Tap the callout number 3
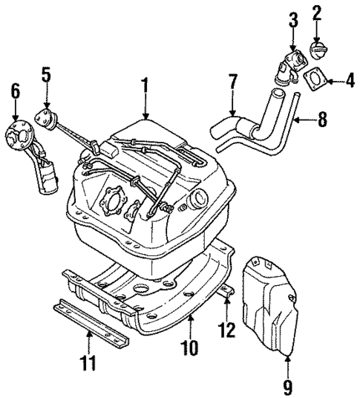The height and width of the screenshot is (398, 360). click(x=294, y=19)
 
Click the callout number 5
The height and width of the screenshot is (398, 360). click(x=46, y=75)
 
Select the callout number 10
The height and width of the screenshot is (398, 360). click(x=190, y=345)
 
